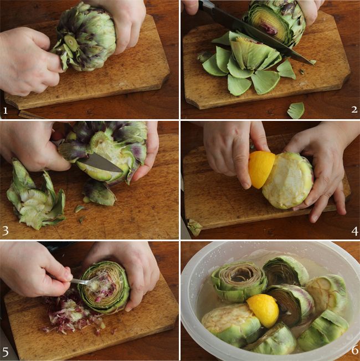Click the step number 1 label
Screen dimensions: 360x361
tap(6, 111)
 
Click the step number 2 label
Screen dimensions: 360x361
tap(354, 110)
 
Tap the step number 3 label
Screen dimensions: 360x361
tap(6, 231)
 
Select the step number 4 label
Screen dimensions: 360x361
tap(354, 231)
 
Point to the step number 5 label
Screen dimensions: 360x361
tap(6, 352)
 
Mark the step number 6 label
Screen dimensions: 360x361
tap(355, 350)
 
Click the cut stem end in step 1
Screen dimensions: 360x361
tap(70, 42)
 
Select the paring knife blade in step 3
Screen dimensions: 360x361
tap(101, 163)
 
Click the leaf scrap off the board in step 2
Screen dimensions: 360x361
tap(296, 110)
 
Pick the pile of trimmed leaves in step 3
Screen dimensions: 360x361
tap(35, 196)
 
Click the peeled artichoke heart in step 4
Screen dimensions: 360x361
tap(288, 181)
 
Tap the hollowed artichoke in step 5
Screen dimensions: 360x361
tap(104, 287)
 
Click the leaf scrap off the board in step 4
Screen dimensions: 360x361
tap(194, 227)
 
